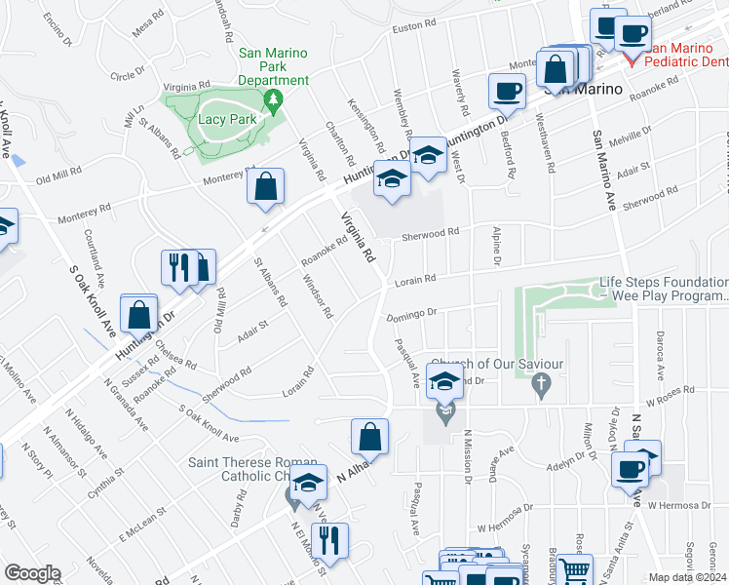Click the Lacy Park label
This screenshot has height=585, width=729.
226,120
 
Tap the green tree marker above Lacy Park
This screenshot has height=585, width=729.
274,99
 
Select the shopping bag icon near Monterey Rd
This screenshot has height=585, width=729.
265,187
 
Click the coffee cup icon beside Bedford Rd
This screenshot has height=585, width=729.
506,92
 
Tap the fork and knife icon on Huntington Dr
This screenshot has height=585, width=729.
177,267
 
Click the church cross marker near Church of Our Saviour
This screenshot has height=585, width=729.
536,387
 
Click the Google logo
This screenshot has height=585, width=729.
31,573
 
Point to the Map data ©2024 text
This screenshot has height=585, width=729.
686,577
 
